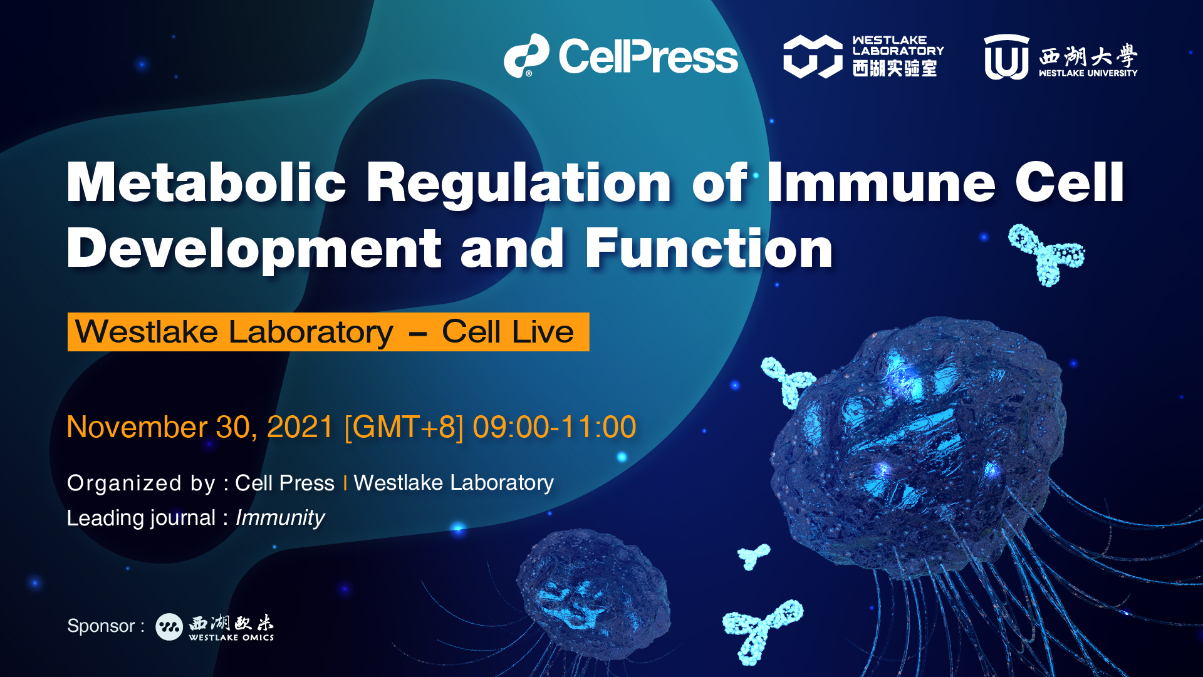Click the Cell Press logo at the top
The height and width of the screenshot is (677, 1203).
(x=621, y=56)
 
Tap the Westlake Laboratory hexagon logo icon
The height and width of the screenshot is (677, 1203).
(x=813, y=56)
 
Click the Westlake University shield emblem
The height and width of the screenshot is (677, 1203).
(x=1006, y=57)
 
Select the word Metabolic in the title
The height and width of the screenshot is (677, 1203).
(x=206, y=182)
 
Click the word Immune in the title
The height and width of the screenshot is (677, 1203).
(x=881, y=182)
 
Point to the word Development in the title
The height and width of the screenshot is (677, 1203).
(x=254, y=249)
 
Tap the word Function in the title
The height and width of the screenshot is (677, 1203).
(x=709, y=249)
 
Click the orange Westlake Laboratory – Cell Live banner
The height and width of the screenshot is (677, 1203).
(x=328, y=332)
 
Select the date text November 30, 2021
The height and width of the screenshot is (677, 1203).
(x=200, y=427)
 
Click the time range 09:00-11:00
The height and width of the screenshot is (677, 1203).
(x=555, y=427)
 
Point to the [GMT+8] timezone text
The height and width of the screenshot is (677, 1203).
(x=404, y=428)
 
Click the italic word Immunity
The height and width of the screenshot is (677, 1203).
(x=280, y=518)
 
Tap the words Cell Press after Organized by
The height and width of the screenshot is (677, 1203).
(x=284, y=483)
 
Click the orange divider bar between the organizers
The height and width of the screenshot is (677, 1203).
(x=345, y=483)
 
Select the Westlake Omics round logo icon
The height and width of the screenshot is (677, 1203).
(x=169, y=626)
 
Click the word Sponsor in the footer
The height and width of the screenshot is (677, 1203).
(x=101, y=626)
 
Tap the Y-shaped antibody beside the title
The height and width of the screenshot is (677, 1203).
(x=1046, y=254)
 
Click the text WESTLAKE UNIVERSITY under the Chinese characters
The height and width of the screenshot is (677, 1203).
(x=1088, y=73)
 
